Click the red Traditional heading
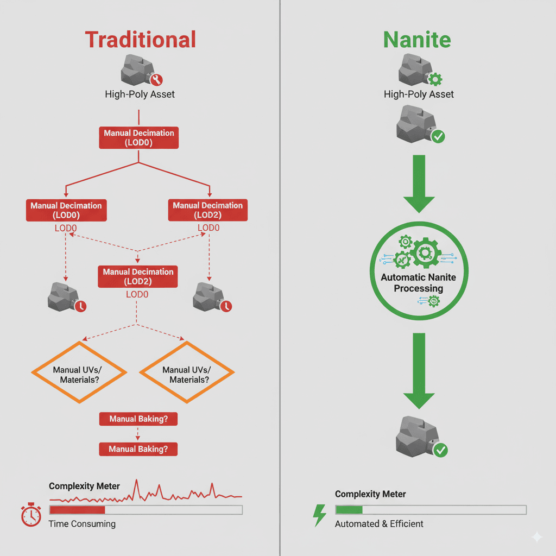(140, 40)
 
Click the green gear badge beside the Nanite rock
(435, 80)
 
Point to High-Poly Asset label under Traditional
(140, 94)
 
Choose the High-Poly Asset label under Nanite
(419, 94)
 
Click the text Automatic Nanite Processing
(418, 283)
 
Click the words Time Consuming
(82, 524)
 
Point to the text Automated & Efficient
(379, 524)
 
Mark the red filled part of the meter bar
(77, 510)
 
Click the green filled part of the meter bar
(349, 510)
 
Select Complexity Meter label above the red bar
(84, 486)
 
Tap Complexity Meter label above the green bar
(370, 494)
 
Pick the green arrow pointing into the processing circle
(419, 182)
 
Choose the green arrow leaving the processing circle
(419, 369)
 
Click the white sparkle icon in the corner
(537, 537)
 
